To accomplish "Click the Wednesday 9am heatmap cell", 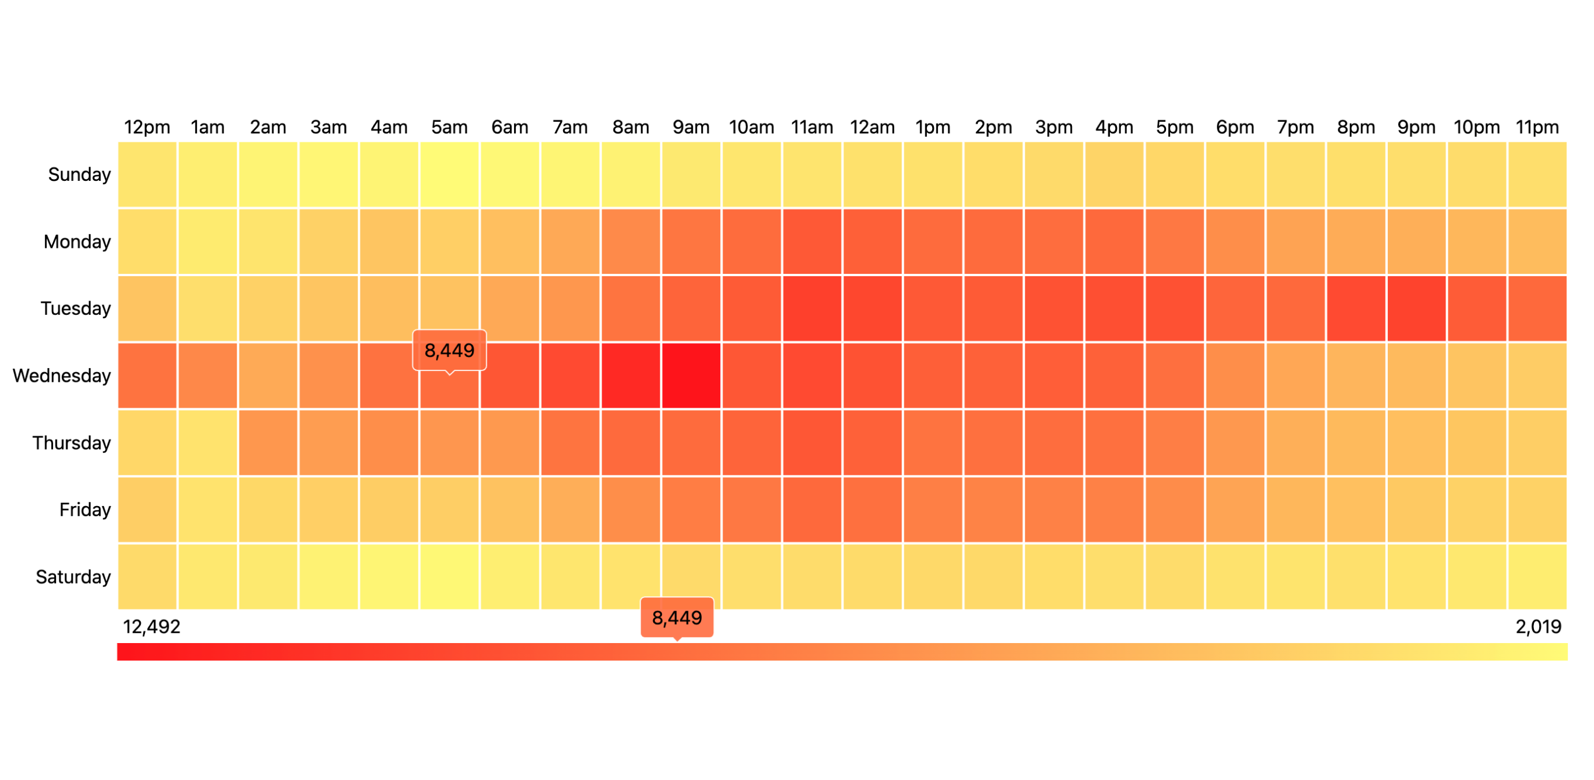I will pos(691,376).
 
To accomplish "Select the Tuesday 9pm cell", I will pos(1416,309).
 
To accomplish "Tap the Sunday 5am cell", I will pos(449,174).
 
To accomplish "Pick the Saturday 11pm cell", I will pos(1536,577).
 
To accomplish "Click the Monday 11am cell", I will pos(812,242).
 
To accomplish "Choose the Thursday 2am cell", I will pos(268,443).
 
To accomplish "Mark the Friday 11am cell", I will pos(812,510).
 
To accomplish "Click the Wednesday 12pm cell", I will pos(147,376).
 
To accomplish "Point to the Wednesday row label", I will pos(61,376).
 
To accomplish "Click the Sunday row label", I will pos(79,174).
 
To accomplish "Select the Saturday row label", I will pos(73,577).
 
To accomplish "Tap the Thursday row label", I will pos(71,443).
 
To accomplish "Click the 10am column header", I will pos(751,128).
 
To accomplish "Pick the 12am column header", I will pos(872,128).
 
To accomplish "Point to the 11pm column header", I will pos(1536,128).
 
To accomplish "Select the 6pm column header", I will pos(1235,128).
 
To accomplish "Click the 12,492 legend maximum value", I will pos(151,627).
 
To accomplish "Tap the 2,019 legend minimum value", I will pos(1539,627).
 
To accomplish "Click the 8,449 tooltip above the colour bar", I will pos(677,618).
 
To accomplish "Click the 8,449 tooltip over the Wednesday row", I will pos(449,350).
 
